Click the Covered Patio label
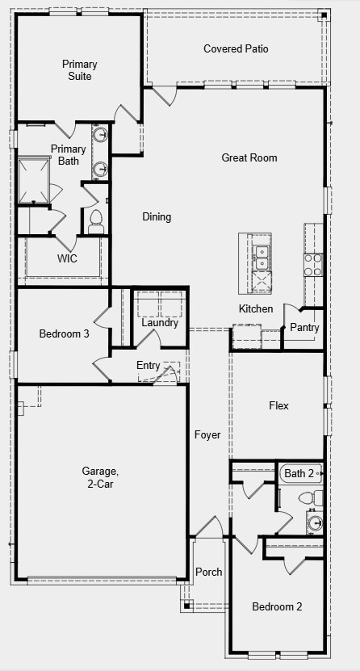coord(236,49)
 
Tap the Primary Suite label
coord(80,70)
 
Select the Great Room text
coord(249,158)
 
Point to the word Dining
coord(157,216)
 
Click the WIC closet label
coord(67,259)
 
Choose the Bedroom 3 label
coord(65,333)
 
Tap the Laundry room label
coord(160,323)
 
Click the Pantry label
coord(304,328)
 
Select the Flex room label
coord(278,405)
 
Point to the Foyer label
coord(207,435)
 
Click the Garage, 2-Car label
coord(100,477)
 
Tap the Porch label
coord(209,572)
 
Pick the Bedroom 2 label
coord(277,606)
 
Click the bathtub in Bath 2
coord(300,473)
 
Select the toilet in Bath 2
coord(316,498)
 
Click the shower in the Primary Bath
coord(35,179)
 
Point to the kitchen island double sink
coord(261,255)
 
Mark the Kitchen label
coord(256,309)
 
